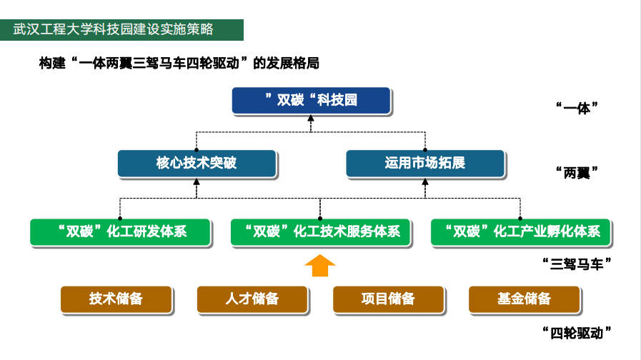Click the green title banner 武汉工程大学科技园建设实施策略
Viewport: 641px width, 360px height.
click(x=121, y=29)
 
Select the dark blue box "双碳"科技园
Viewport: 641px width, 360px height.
click(x=311, y=100)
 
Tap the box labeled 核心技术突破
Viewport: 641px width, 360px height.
click(x=197, y=163)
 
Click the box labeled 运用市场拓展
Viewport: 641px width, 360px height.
click(x=425, y=163)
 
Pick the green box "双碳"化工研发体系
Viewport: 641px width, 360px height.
click(x=121, y=232)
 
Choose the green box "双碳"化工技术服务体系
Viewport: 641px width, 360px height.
click(x=320, y=232)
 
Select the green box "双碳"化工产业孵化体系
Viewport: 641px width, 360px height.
click(x=521, y=232)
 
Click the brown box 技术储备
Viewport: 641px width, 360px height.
click(x=116, y=299)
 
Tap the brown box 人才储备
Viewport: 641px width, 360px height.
click(x=252, y=299)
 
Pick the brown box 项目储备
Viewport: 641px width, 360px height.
click(x=388, y=299)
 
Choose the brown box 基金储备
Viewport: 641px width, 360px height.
click(x=524, y=299)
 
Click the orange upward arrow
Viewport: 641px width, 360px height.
click(x=320, y=266)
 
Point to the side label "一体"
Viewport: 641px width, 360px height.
click(x=577, y=109)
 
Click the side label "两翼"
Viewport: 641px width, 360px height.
click(x=577, y=173)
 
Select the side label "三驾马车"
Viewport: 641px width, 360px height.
click(x=577, y=264)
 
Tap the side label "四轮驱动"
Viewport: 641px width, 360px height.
click(x=577, y=333)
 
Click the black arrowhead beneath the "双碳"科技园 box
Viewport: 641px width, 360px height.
click(x=311, y=118)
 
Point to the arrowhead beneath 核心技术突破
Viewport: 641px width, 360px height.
click(x=197, y=181)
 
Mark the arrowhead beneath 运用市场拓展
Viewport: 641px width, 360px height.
click(x=425, y=181)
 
